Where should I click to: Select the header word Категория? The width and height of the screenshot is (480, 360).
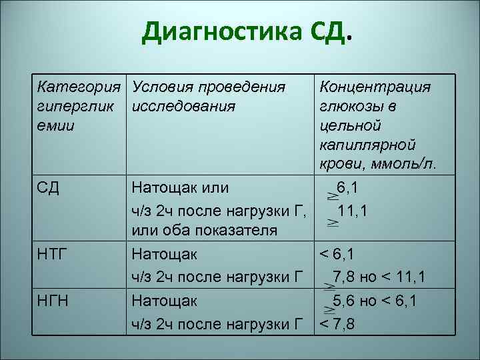79,87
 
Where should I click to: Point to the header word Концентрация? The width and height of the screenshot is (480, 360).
375,87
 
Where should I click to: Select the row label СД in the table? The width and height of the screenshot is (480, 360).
49,189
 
